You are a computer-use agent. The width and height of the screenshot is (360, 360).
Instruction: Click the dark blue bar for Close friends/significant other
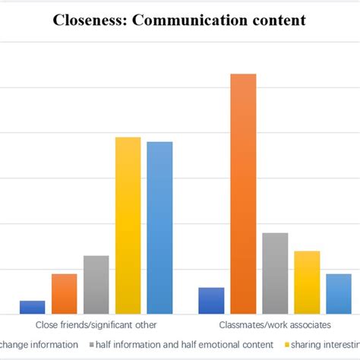coord(32,307)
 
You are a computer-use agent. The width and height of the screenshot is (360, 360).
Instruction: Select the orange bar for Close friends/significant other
coord(64,293)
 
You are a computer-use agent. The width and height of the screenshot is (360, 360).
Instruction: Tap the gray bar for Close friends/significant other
coord(96,285)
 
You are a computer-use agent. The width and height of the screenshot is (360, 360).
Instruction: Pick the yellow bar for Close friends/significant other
coord(128,226)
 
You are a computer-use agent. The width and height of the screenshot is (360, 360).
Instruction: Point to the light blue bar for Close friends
coord(159,228)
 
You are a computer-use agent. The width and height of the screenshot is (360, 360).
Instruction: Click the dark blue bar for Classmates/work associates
coord(211,300)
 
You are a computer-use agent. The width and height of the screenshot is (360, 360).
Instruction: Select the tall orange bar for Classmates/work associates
coord(243,194)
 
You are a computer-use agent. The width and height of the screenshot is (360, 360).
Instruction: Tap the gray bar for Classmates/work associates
coord(275,273)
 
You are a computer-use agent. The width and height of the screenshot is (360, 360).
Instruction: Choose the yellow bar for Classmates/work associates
coord(307,283)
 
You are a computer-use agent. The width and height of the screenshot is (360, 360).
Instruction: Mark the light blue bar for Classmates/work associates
coord(339,294)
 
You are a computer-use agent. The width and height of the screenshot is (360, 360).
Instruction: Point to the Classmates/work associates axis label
coord(275,325)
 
